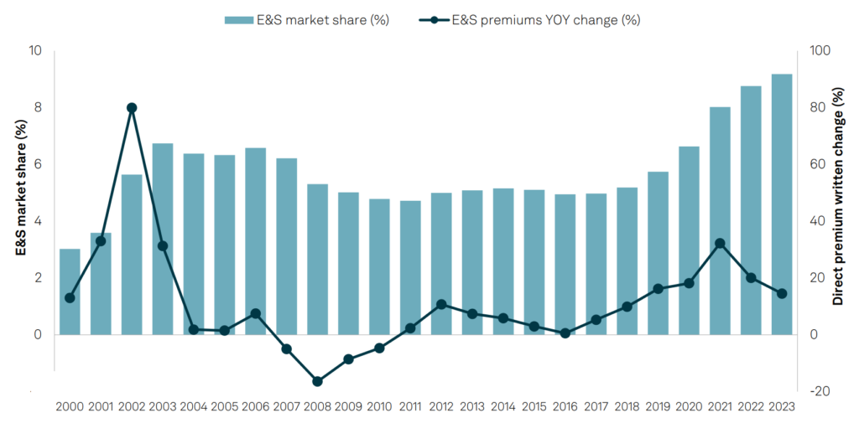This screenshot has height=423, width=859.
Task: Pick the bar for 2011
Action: pos(410,267)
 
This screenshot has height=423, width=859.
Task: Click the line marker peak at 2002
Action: pos(132,107)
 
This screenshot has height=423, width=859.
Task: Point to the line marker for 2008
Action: pos(318,381)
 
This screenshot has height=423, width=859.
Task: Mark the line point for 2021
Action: pos(720,243)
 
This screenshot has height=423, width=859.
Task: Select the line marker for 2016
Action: pos(565,333)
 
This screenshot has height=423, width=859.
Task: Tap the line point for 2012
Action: pos(441,304)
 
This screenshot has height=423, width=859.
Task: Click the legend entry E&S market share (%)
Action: pos(307,19)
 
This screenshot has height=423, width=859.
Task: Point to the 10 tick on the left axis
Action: pos(35,51)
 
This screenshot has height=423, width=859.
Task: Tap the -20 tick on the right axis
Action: pos(817,391)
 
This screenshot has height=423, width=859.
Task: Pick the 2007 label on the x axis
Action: pos(287,406)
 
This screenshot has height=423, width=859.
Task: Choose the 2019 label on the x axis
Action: pos(659,406)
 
